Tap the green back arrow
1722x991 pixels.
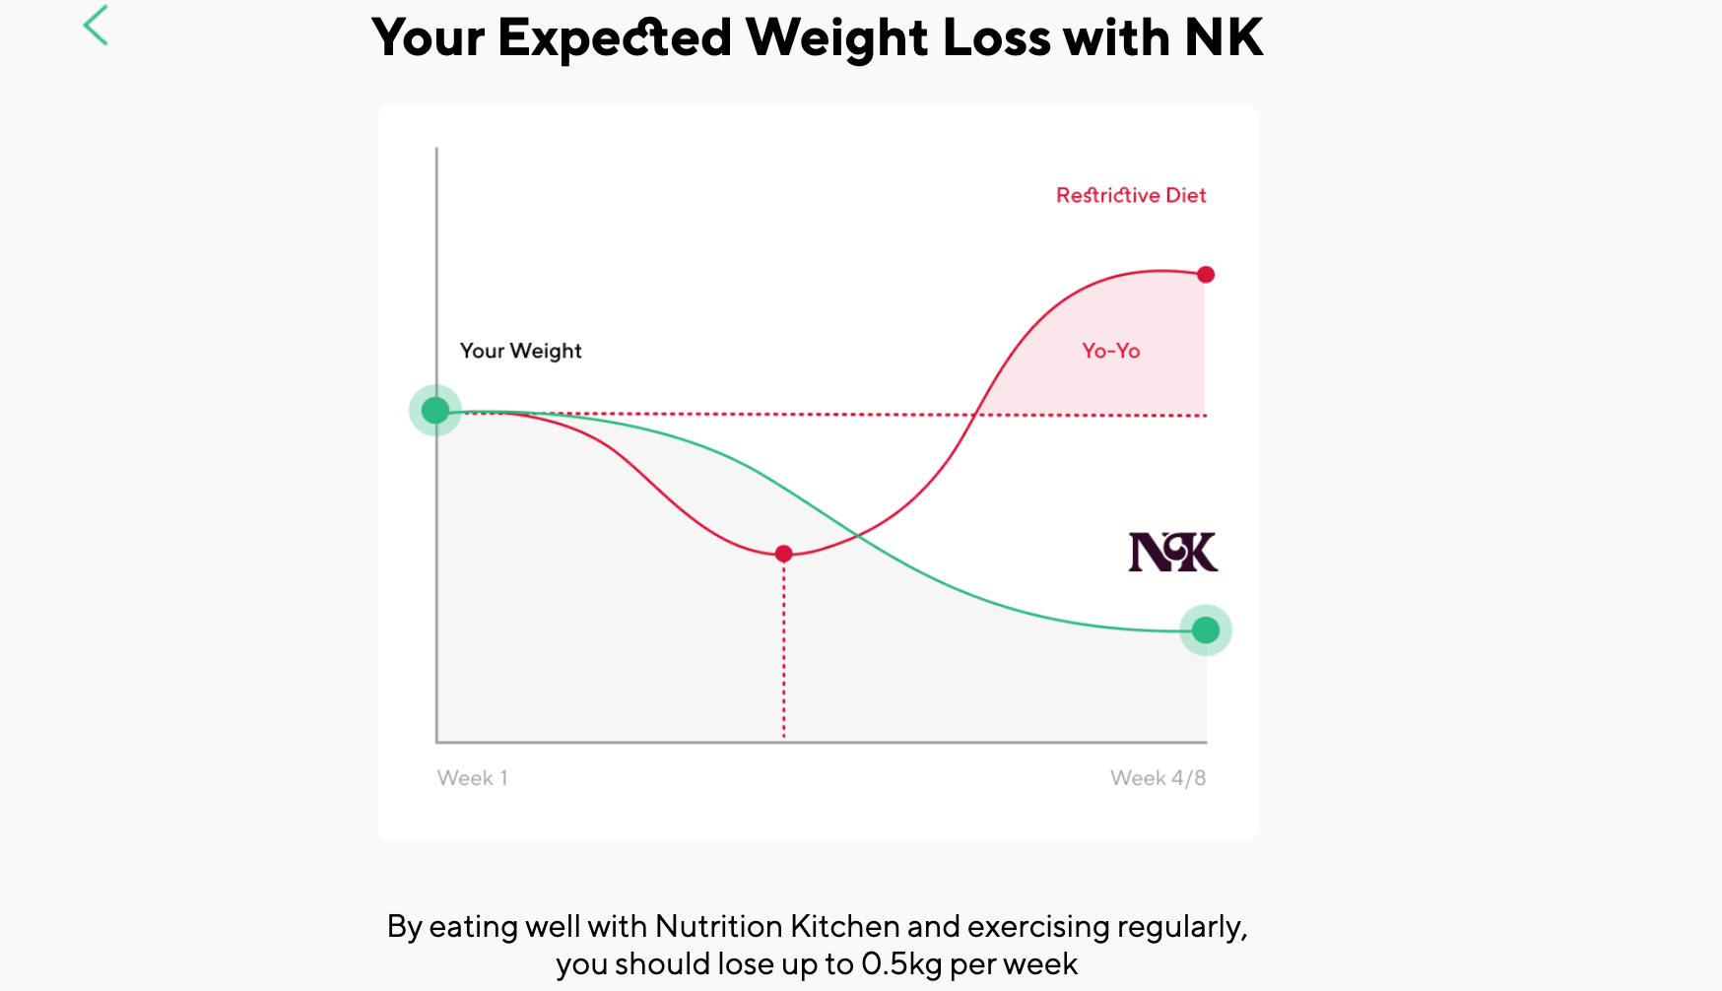coord(96,26)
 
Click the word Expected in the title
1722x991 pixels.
coord(614,38)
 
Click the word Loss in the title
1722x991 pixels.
coord(996,38)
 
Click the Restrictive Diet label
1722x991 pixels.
coord(1130,195)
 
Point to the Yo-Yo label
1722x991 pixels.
coord(1110,351)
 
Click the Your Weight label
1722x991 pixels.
coord(520,351)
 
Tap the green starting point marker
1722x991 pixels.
coord(435,410)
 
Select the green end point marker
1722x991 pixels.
coord(1205,629)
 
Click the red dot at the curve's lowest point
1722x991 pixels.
coord(783,554)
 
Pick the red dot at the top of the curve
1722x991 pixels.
coord(1205,274)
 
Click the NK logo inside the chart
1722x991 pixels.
coord(1172,552)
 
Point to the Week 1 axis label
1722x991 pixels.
coord(472,778)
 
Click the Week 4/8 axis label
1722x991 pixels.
coord(1158,778)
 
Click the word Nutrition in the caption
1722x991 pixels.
coord(718,926)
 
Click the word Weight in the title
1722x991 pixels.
coord(836,38)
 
